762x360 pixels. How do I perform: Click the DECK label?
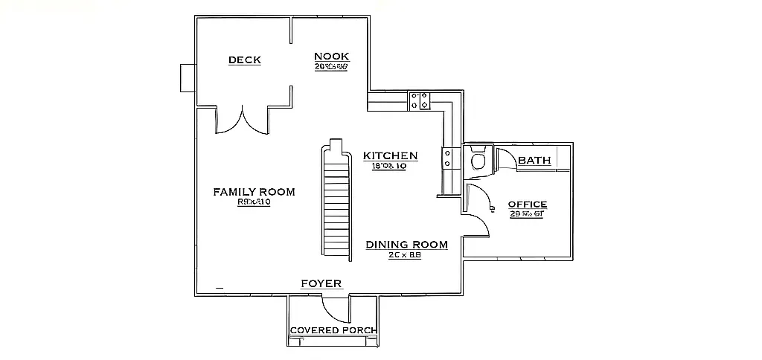click(x=244, y=60)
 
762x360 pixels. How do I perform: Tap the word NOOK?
click(x=331, y=57)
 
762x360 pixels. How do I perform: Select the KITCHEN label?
click(x=390, y=155)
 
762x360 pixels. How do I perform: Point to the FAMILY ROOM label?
click(x=254, y=192)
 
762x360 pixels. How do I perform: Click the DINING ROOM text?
click(x=406, y=244)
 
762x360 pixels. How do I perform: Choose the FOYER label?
click(x=321, y=283)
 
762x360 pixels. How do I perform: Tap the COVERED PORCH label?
click(x=333, y=330)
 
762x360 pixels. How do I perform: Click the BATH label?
click(x=534, y=160)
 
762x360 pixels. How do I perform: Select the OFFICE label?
click(x=527, y=205)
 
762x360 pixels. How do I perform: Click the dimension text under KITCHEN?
click(x=388, y=167)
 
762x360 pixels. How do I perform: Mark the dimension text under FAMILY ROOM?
click(x=253, y=202)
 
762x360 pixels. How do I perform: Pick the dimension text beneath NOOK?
click(x=331, y=66)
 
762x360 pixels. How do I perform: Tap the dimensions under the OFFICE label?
click(x=527, y=215)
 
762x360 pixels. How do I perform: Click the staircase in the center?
click(x=336, y=201)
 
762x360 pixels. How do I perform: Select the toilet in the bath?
click(x=478, y=160)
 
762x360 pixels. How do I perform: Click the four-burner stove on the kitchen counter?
click(x=419, y=100)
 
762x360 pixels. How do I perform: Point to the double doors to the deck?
click(x=241, y=120)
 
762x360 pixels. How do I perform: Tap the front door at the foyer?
click(x=335, y=306)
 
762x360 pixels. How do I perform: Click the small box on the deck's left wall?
click(x=187, y=77)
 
